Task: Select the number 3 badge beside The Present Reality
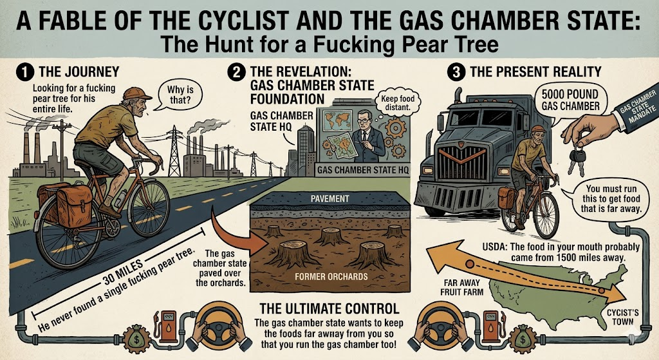tap(458, 72)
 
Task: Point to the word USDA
tap(496, 247)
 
